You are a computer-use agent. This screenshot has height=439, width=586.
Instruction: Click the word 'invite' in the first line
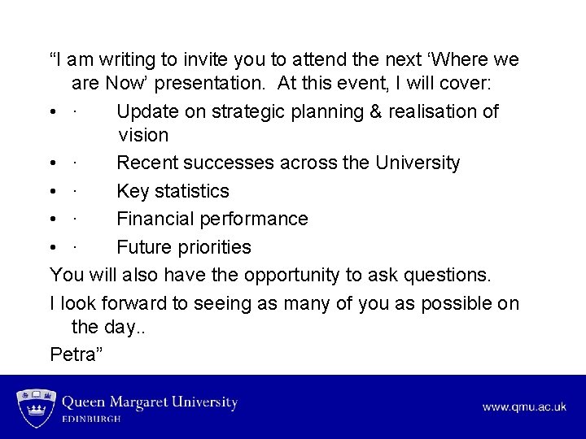194,60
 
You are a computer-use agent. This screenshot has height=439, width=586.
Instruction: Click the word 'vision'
143,135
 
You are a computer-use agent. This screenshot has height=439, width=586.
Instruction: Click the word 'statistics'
190,191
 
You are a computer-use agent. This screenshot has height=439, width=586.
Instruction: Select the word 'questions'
444,275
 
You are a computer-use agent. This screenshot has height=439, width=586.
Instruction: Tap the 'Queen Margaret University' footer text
150,402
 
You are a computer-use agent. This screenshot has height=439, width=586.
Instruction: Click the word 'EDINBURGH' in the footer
92,419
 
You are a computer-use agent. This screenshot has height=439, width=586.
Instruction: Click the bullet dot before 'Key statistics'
54,191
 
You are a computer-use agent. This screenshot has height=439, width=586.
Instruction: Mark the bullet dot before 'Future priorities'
54,246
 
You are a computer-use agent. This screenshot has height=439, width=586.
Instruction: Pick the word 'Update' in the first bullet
147,111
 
